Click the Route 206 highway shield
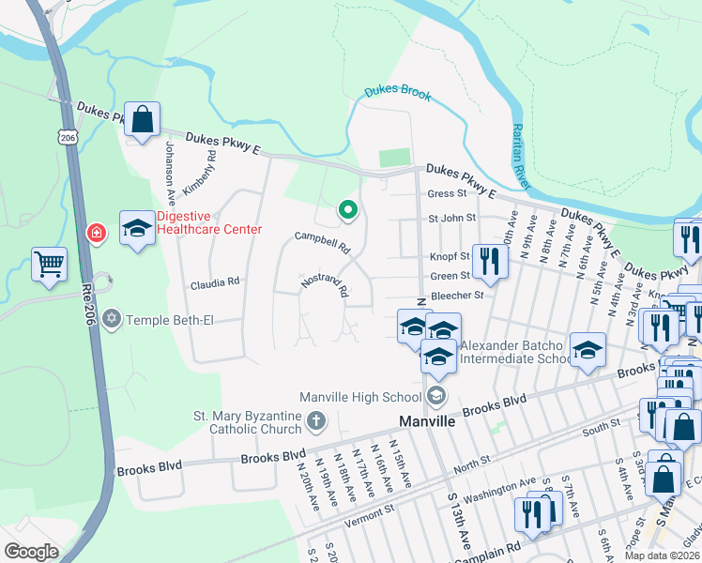[67, 137]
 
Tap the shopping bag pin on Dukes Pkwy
[142, 120]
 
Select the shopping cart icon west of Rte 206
[49, 264]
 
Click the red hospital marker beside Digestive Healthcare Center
[96, 232]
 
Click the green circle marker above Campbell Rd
[347, 209]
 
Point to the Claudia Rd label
[216, 281]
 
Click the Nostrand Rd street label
[325, 285]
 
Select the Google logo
[31, 552]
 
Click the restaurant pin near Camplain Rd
[529, 515]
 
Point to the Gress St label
[447, 194]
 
